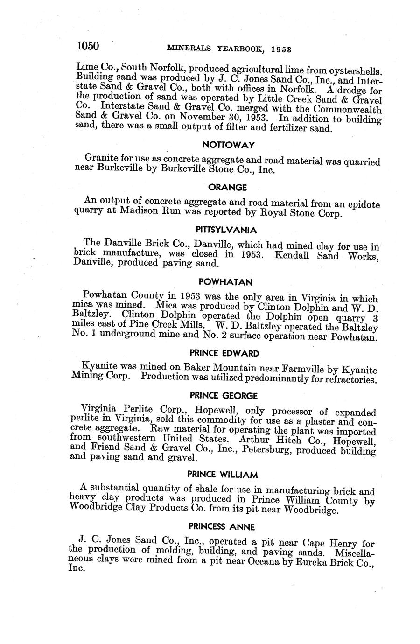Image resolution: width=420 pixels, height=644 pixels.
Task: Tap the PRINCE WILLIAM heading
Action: point(223,475)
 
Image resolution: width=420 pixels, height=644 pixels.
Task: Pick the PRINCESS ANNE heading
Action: point(222,527)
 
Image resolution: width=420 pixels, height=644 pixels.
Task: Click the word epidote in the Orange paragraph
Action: point(363,205)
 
